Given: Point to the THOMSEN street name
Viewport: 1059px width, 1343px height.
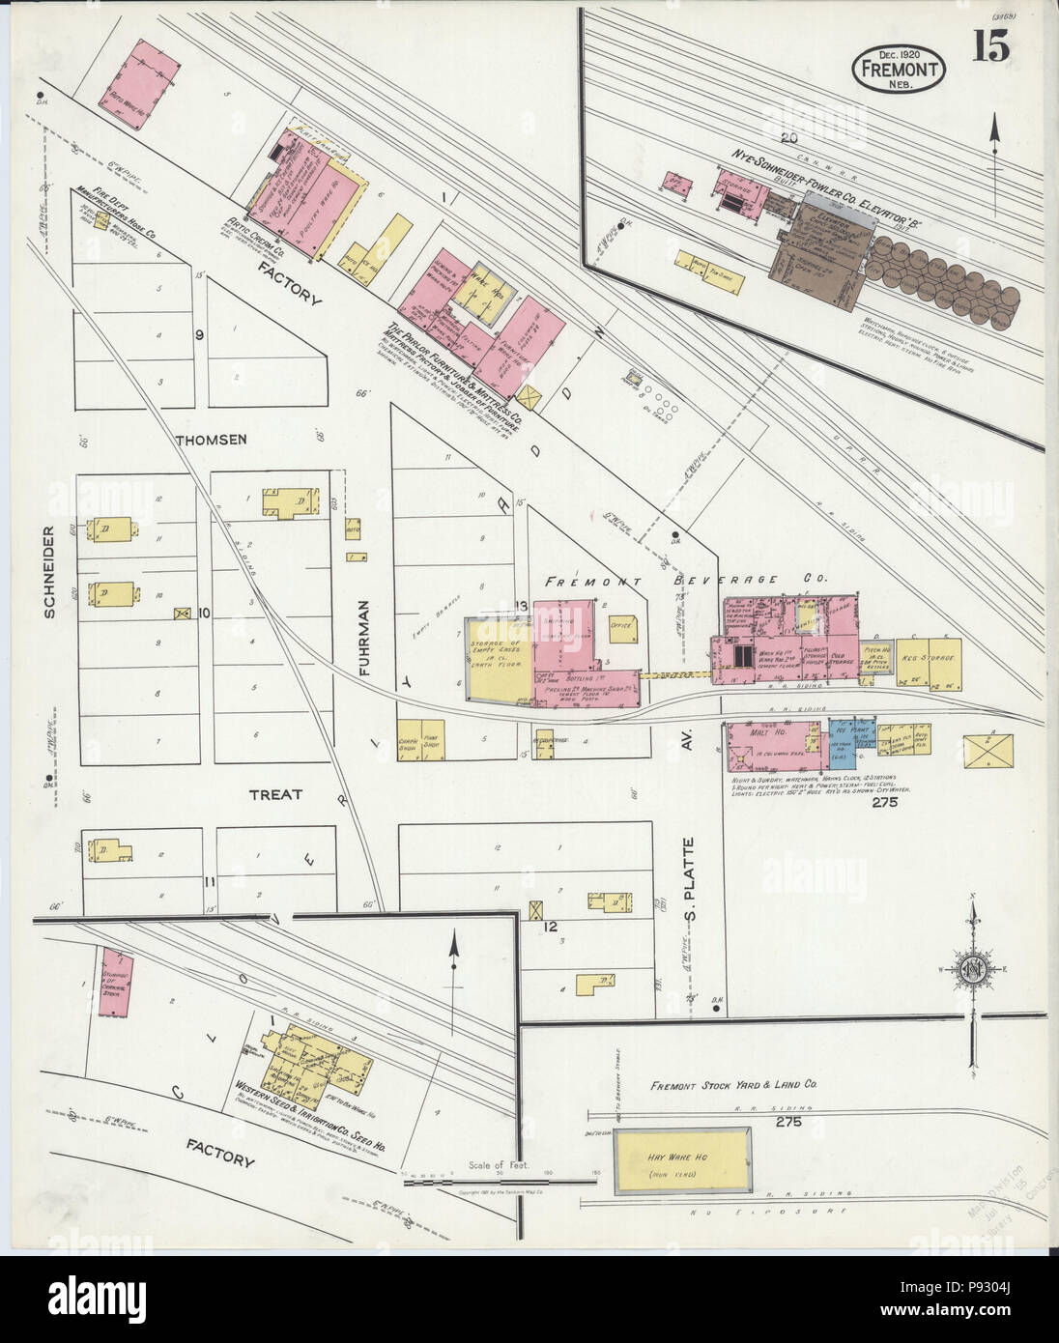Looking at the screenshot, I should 212,440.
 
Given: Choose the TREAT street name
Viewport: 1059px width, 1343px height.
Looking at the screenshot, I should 276,794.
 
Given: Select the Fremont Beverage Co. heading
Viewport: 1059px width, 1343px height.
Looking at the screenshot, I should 686,580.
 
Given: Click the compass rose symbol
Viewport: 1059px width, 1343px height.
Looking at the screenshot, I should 975,970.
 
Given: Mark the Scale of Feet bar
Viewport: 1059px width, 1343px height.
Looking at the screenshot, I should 498,1180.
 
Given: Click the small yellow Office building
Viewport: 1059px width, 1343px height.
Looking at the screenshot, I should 621,626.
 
